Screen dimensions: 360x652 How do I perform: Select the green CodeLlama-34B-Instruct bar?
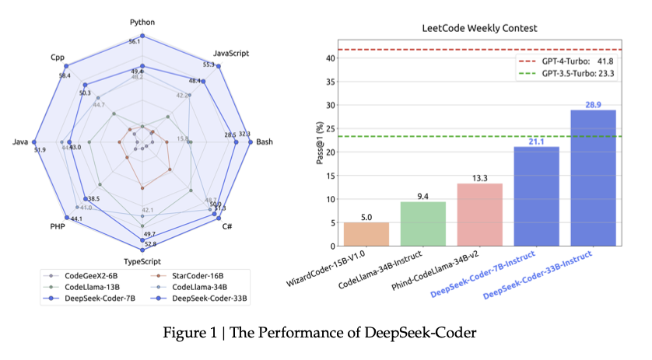[423, 224]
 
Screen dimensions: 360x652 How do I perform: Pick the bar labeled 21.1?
[536, 196]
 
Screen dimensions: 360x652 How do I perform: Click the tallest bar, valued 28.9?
[593, 178]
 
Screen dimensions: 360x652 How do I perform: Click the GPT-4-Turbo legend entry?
[565, 61]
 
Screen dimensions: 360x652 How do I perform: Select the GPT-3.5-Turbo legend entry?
[565, 74]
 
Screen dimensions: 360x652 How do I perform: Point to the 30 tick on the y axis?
[333, 105]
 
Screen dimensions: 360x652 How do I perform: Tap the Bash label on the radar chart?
[265, 142]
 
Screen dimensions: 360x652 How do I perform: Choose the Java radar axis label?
[21, 142]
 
